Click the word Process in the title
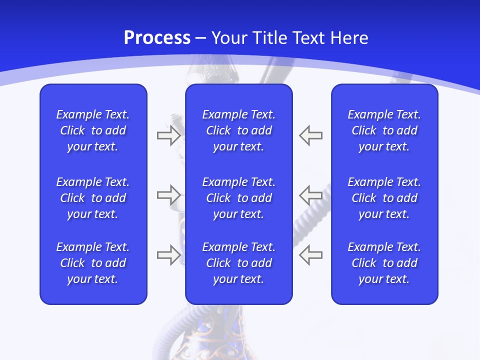(x=157, y=38)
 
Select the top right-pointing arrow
(x=168, y=135)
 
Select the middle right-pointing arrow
(x=168, y=195)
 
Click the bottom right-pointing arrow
(x=168, y=255)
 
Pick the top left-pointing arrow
(x=311, y=135)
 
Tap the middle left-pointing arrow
(x=311, y=195)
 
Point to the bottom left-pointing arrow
(x=311, y=255)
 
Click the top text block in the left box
(x=93, y=130)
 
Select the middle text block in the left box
(x=93, y=198)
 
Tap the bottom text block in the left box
(x=93, y=263)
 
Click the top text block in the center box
(x=239, y=130)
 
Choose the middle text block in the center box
(x=239, y=198)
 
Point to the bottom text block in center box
(x=239, y=263)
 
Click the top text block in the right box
(x=384, y=130)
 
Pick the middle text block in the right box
(x=384, y=198)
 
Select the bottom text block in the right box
(x=384, y=263)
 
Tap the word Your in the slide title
(x=230, y=38)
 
